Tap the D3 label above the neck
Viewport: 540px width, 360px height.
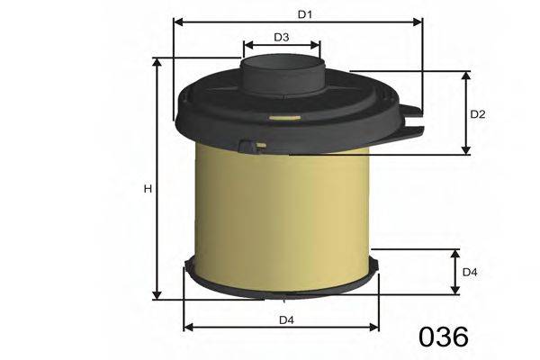tap(281, 38)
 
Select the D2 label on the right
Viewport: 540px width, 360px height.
tap(479, 114)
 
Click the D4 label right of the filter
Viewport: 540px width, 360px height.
tap(469, 272)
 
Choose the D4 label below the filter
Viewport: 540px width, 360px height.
tap(285, 319)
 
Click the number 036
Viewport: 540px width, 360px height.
tap(444, 337)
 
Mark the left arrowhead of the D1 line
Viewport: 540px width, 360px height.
tap(177, 22)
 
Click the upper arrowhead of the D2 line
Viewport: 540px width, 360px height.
tap(465, 75)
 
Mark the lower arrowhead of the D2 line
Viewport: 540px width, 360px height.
tap(465, 149)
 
